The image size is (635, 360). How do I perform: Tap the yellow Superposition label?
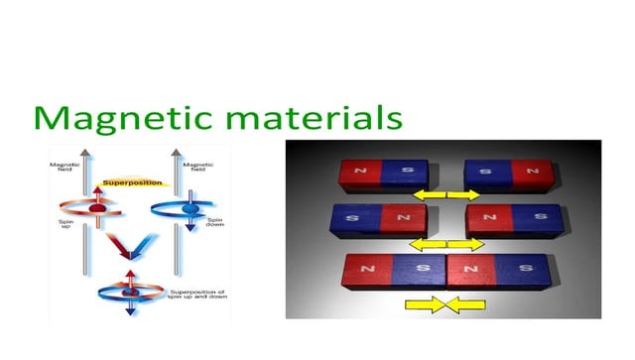pos(133,182)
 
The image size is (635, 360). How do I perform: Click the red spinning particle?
pos(97,210)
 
